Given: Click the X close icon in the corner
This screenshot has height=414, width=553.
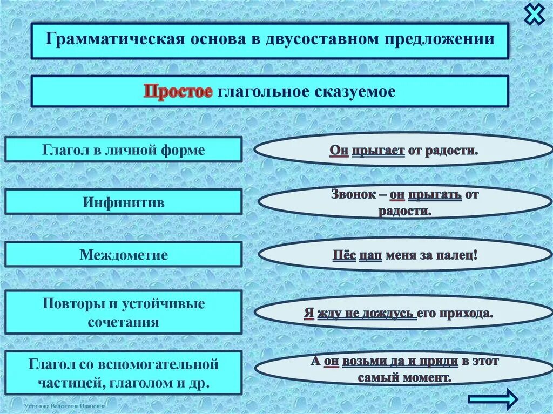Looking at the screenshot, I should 535,13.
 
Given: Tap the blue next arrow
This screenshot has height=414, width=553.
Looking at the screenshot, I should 493,399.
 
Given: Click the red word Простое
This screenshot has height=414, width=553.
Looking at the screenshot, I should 178,91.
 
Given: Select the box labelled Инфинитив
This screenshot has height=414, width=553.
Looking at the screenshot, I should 124,202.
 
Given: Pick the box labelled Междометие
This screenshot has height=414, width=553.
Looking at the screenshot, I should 124,254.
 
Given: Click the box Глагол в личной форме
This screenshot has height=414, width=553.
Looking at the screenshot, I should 124,150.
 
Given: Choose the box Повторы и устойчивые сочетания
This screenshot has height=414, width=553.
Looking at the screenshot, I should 124,313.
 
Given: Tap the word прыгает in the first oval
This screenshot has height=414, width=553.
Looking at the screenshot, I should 378,150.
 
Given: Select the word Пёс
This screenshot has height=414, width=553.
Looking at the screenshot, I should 344,254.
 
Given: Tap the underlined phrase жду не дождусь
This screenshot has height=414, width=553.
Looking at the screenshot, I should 367,314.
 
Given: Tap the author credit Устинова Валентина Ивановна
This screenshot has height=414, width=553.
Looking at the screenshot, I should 65,405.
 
